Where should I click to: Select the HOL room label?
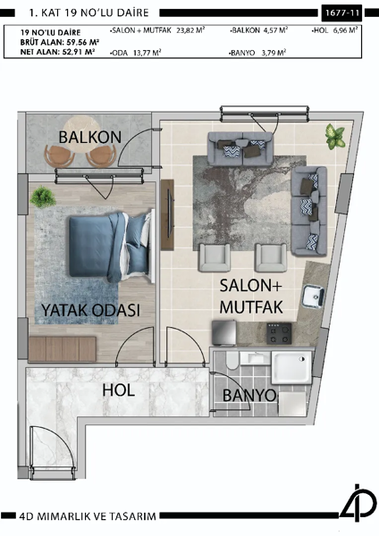point(118,390)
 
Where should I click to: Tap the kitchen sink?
point(314,295)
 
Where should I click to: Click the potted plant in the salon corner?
point(335,137)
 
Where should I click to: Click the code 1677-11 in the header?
point(342,13)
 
